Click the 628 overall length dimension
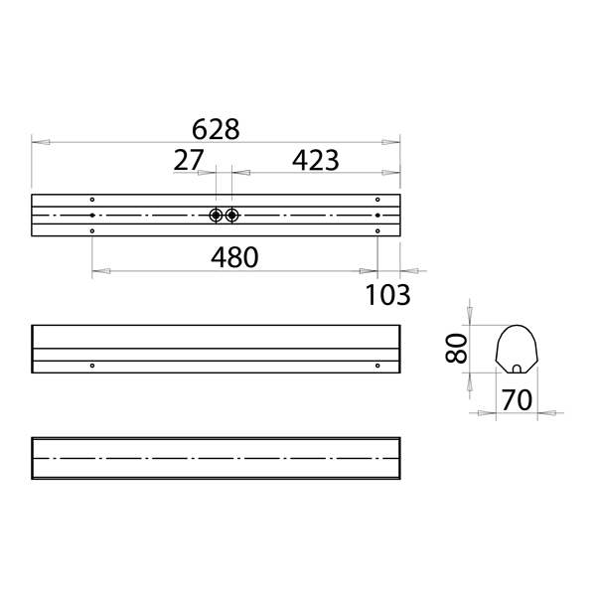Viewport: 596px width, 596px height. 216,129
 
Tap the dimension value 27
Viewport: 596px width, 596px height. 189,159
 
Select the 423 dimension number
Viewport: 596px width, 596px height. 315,159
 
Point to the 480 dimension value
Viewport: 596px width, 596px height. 234,257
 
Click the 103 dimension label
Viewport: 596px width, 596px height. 387,294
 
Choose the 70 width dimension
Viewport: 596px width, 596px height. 516,399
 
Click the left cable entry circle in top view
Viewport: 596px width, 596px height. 216,216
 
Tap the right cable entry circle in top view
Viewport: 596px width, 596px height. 231,216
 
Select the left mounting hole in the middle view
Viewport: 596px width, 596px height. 91,366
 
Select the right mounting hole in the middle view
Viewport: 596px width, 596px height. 377,366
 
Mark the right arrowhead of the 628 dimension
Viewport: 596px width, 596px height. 390,143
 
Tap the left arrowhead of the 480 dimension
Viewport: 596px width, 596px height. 99,269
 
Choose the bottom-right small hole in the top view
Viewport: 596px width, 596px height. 377,231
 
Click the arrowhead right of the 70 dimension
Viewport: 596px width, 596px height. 545,411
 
